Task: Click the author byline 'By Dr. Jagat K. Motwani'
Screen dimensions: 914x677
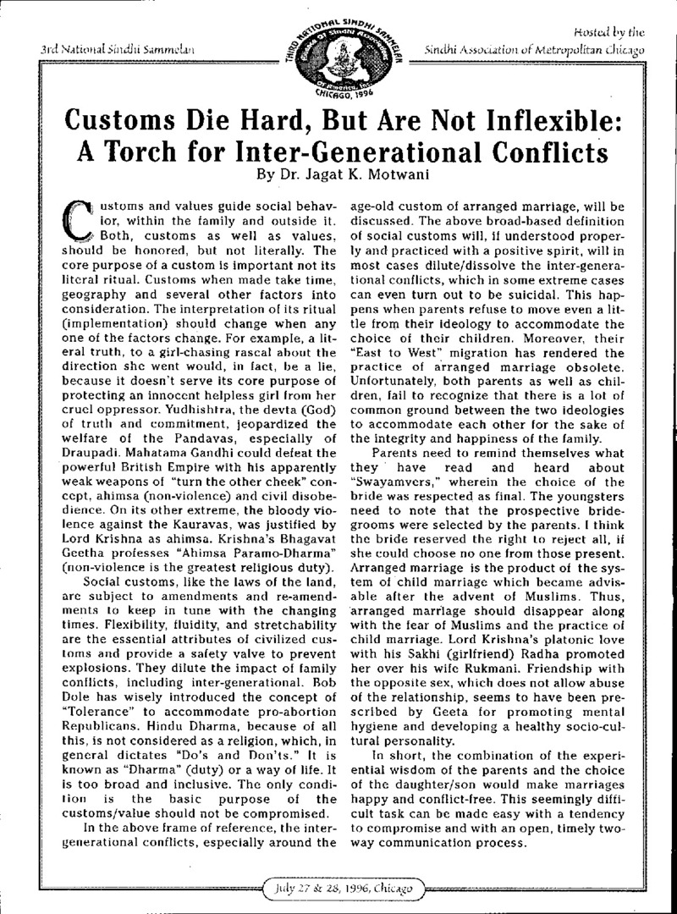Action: (x=338, y=179)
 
